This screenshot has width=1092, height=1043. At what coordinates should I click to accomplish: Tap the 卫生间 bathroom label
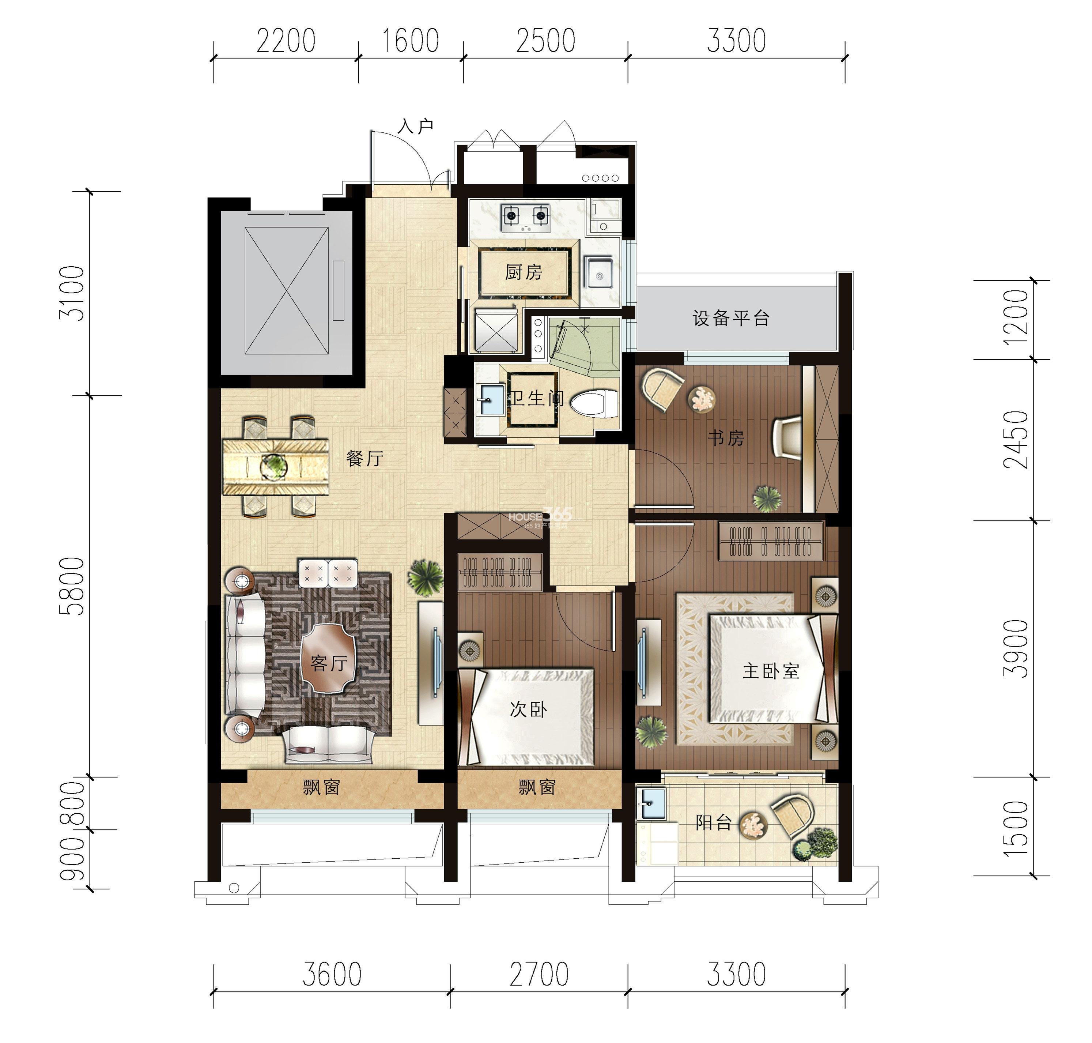point(537,398)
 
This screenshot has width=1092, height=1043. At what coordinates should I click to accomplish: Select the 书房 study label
point(726,438)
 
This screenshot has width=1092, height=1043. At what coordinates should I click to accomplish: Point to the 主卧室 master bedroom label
point(771,671)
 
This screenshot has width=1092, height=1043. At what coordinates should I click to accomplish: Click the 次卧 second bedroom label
point(528,709)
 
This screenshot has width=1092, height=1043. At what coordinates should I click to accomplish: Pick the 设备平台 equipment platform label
point(731,318)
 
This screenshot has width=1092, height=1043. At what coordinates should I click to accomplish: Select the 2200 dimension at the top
point(286,41)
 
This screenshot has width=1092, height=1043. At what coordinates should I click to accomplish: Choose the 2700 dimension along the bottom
point(539,974)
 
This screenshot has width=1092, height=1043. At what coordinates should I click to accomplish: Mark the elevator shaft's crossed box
point(287,290)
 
